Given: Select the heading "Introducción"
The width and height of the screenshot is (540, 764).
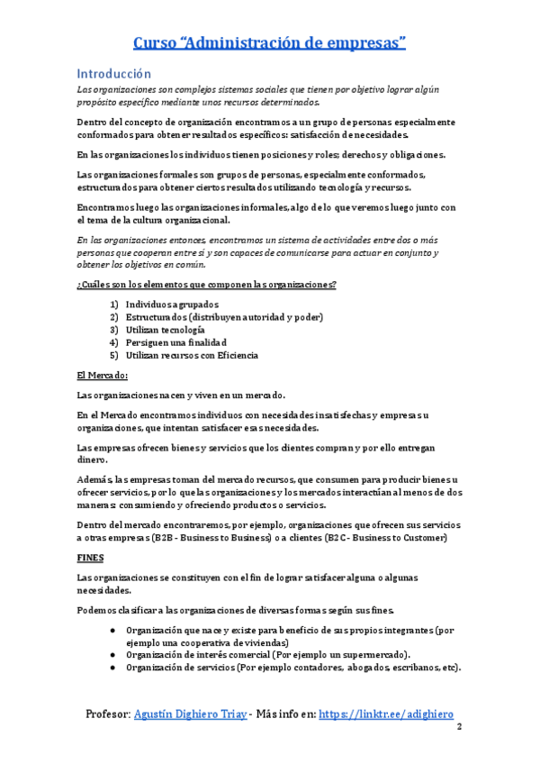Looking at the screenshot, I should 113,73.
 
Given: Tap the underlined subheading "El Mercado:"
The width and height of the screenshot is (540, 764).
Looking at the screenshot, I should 103,375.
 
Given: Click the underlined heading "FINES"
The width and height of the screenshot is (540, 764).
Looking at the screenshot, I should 90,558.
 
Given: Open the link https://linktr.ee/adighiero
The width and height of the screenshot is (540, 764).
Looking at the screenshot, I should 386,714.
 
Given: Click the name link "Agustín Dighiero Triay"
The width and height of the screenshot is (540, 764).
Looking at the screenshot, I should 189,714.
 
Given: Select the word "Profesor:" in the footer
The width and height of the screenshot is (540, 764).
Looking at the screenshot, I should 107,714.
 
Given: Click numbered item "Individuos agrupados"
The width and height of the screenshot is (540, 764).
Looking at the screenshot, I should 171,305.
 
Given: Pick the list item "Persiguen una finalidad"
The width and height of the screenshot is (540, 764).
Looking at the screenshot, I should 175,342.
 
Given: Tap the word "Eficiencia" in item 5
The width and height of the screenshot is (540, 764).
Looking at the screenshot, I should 235,355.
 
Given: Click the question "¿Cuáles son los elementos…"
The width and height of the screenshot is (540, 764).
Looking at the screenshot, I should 207,285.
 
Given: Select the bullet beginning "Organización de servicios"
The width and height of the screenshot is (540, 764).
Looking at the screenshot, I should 292,668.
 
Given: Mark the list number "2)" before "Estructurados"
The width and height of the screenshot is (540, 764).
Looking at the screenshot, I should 114,317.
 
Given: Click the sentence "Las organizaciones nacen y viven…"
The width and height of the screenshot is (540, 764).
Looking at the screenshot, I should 182,395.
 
